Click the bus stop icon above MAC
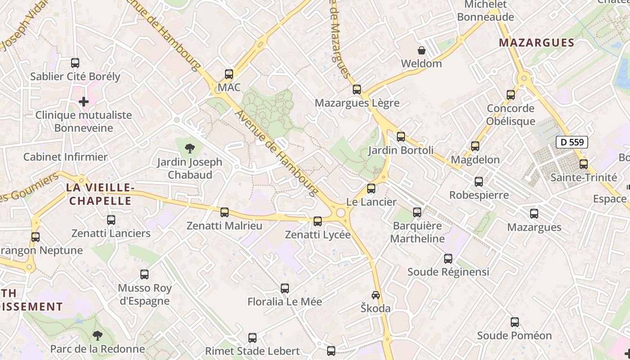229,74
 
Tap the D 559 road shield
572,143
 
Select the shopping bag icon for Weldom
422,50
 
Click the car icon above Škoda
375,295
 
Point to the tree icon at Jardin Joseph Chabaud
190,148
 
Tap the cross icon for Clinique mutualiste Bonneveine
84,102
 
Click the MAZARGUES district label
537,43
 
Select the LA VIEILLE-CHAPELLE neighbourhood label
100,194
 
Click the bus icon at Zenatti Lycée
318,221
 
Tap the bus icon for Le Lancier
371,189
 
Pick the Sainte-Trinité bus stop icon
584,164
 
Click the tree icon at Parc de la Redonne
97,335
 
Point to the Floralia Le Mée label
285,301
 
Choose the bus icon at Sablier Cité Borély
75,63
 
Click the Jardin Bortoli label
401,150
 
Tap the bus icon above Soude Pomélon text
514,322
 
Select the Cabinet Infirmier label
66,157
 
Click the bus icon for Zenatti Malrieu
225,212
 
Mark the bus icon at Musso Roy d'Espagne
144,274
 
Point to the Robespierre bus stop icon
479,182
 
